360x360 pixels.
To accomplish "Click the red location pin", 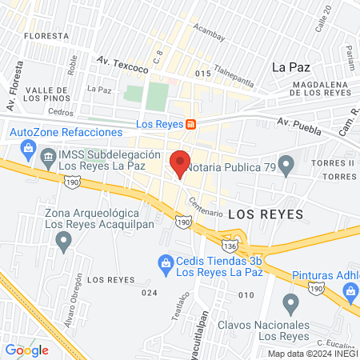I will coord(180,163).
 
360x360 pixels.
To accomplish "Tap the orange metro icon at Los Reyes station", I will coord(190,124).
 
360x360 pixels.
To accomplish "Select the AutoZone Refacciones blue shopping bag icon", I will coord(29,147).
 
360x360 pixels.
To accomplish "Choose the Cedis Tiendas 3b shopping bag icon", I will coord(166,262).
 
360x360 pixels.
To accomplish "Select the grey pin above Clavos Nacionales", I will coord(290,304).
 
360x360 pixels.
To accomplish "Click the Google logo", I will coord(27,350).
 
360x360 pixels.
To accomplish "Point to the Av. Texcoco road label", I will coord(118,60).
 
